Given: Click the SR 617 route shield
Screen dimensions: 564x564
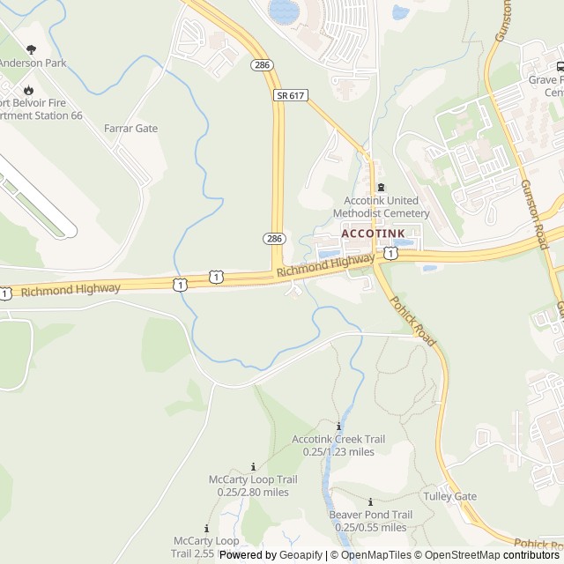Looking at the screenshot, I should pos(292,95).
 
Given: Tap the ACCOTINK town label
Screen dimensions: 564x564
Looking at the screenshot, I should pos(373,234).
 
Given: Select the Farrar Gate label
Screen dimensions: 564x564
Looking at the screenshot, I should pos(130,129).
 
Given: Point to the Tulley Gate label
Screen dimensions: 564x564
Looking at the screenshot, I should pos(449,496).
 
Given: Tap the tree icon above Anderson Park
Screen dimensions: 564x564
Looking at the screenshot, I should pos(32,49).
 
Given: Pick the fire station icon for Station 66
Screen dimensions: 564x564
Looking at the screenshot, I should pos(28,89).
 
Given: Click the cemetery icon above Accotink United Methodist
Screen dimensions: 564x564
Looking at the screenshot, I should pos(381,187).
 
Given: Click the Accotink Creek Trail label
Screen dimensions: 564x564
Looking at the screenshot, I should pos(338,445).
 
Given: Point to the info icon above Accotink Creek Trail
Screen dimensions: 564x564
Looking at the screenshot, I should pos(338,426).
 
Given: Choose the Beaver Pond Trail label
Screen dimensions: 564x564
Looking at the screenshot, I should pos(370,521).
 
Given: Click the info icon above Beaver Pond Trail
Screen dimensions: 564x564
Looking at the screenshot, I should pos(370,501).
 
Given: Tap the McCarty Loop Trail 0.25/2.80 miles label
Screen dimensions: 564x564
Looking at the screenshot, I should pos(253,486).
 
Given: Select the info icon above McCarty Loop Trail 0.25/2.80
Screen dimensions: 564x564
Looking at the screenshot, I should pos(254,466).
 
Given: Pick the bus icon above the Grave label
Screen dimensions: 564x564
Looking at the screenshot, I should pos(559,66).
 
